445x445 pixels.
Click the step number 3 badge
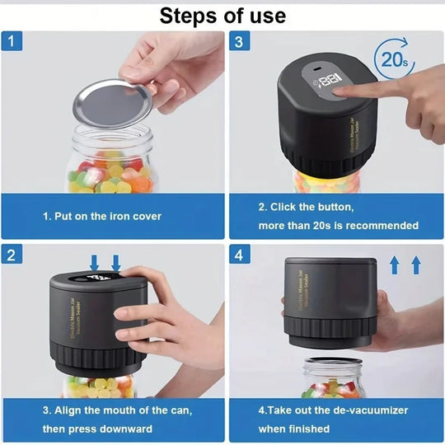point(238,41)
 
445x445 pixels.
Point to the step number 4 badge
point(238,255)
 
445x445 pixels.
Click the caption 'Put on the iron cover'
point(102,217)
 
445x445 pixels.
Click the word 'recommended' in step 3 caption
point(384,225)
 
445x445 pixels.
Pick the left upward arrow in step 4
point(394,265)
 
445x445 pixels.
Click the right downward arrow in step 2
point(116,263)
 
